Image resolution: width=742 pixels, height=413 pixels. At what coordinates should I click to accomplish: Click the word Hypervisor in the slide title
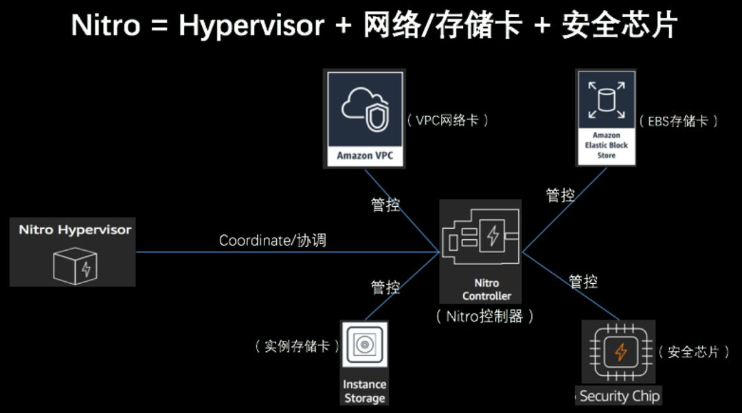pyautogui.click(x=251, y=26)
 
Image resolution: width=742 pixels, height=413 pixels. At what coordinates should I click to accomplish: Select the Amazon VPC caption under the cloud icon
pyautogui.click(x=365, y=156)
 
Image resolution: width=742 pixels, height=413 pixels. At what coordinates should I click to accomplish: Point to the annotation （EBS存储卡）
pyautogui.click(x=678, y=122)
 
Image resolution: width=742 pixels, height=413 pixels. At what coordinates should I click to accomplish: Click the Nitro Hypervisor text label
pyautogui.click(x=74, y=230)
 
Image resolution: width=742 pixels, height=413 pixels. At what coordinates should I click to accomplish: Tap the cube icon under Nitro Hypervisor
pyautogui.click(x=75, y=265)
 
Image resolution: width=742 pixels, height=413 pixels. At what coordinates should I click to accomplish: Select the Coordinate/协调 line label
pyautogui.click(x=273, y=241)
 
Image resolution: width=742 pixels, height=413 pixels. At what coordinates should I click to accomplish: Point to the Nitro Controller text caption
pyautogui.click(x=486, y=289)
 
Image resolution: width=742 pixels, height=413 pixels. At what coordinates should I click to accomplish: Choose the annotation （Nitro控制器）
pyautogui.click(x=485, y=317)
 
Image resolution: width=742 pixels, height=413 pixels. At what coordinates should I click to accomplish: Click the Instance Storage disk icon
pyautogui.click(x=364, y=346)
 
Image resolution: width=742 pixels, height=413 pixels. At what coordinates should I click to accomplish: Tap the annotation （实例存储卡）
pyautogui.click(x=297, y=346)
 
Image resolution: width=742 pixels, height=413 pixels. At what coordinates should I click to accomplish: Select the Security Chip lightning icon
pyautogui.click(x=620, y=353)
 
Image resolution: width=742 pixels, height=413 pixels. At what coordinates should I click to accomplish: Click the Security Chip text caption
pyautogui.click(x=619, y=396)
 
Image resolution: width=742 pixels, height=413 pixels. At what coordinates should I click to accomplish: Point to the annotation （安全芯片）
pyautogui.click(x=693, y=352)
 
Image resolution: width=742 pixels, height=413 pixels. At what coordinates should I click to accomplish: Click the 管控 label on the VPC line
pyautogui.click(x=385, y=204)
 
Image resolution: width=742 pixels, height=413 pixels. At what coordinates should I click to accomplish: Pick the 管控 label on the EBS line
pyautogui.click(x=561, y=195)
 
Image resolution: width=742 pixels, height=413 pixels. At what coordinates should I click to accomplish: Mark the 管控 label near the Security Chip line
pyautogui.click(x=583, y=281)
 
